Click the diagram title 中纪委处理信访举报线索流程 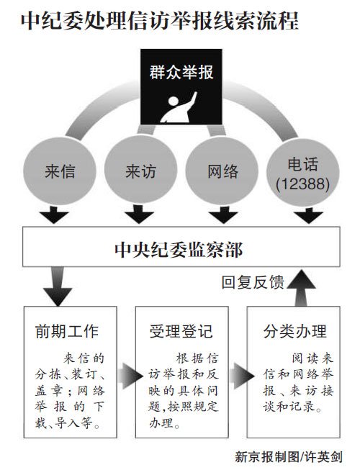(159, 21)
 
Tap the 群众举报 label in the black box (181, 72)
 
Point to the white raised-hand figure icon (179, 107)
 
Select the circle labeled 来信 (60, 171)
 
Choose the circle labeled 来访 (140, 171)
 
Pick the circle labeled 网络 (222, 171)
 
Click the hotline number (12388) (302, 184)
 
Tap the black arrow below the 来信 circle (54, 214)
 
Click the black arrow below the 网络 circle (223, 214)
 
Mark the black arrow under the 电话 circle (308, 214)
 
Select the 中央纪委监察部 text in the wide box (179, 249)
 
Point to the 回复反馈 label (253, 282)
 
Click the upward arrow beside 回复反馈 (301, 287)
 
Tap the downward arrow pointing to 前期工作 (58, 286)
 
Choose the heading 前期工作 (66, 331)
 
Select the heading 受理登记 (181, 331)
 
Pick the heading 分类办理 (295, 331)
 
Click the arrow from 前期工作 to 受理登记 (130, 376)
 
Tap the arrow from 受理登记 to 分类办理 (241, 376)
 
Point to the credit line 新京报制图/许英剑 (288, 457)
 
